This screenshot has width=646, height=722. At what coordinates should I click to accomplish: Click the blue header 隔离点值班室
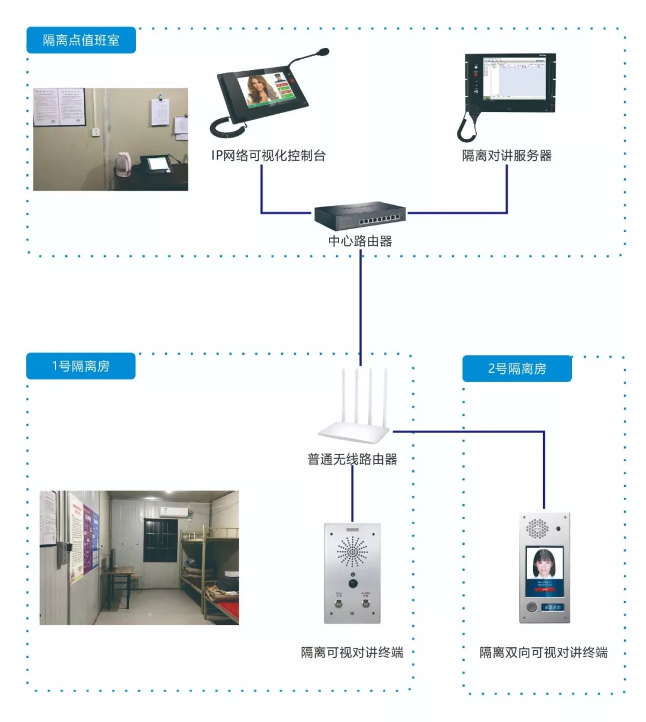click(x=81, y=40)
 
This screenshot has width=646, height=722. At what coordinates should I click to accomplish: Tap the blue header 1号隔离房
click(x=81, y=366)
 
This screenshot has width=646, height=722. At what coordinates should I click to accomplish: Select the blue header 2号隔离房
click(x=517, y=368)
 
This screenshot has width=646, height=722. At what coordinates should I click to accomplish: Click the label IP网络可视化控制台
click(x=269, y=156)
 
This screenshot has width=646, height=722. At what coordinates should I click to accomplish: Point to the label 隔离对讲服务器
click(x=507, y=156)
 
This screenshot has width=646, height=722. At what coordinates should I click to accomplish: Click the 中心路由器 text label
click(x=360, y=241)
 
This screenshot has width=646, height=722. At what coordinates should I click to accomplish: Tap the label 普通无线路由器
click(x=352, y=459)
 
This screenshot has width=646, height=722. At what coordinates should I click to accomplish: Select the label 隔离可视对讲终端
click(x=352, y=652)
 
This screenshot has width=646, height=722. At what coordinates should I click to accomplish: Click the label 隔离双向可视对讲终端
click(x=544, y=652)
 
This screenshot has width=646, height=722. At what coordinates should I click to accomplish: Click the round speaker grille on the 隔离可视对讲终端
click(x=352, y=551)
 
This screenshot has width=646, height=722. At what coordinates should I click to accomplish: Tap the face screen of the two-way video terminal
click(x=544, y=570)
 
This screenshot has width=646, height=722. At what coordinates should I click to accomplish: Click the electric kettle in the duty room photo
click(x=123, y=164)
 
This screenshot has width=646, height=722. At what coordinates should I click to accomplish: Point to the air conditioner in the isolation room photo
click(x=175, y=511)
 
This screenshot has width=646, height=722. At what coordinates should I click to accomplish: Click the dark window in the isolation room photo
click(x=160, y=540)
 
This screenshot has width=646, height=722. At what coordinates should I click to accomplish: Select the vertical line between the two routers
click(x=361, y=308)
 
